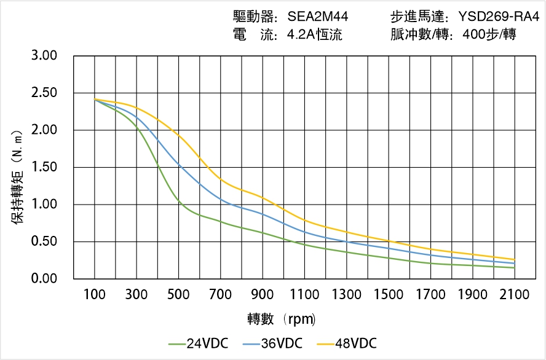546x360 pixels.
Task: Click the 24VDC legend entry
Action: (198, 343)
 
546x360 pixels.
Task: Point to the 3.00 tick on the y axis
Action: (44, 56)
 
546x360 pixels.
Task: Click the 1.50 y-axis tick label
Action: (44, 167)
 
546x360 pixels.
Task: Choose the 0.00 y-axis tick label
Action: (44, 279)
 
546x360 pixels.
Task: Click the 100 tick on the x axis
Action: (95, 294)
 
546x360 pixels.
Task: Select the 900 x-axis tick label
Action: (263, 294)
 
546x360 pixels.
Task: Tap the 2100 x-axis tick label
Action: (515, 294)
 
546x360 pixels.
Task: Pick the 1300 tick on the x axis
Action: (347, 294)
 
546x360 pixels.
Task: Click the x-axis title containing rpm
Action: (282, 319)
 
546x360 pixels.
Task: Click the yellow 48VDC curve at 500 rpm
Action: (178, 135)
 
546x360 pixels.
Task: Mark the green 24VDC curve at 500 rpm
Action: (178, 200)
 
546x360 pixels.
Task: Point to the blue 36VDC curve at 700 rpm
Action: (221, 200)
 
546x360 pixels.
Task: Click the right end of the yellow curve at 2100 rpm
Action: (514, 259)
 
